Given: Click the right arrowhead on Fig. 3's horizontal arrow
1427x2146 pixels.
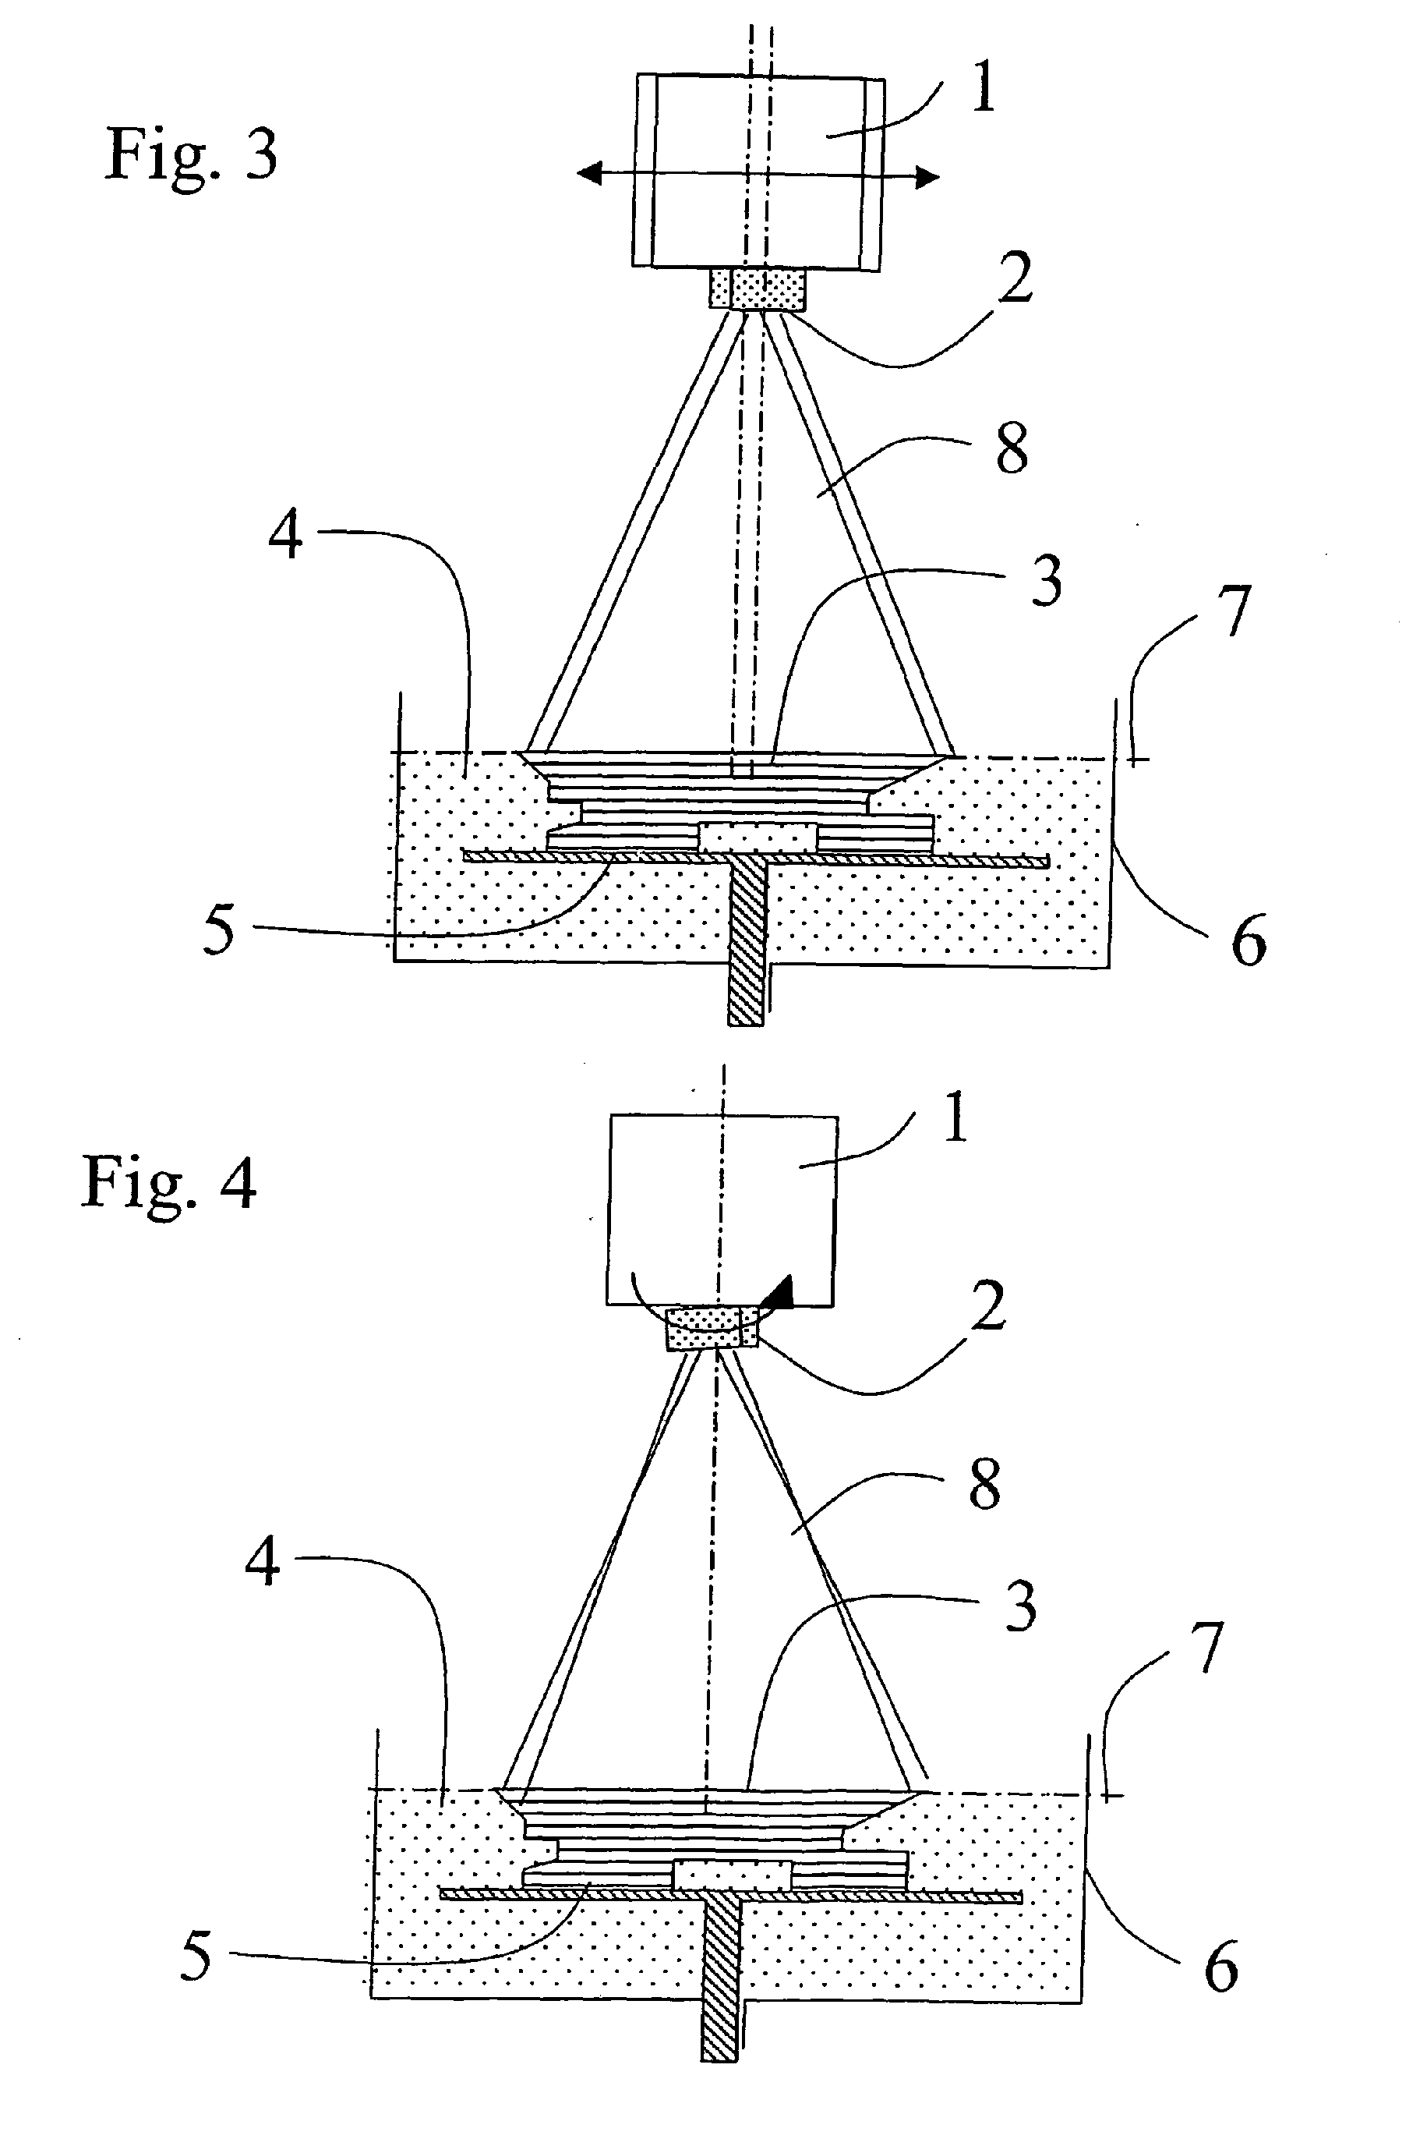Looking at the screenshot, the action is coord(927,178).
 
